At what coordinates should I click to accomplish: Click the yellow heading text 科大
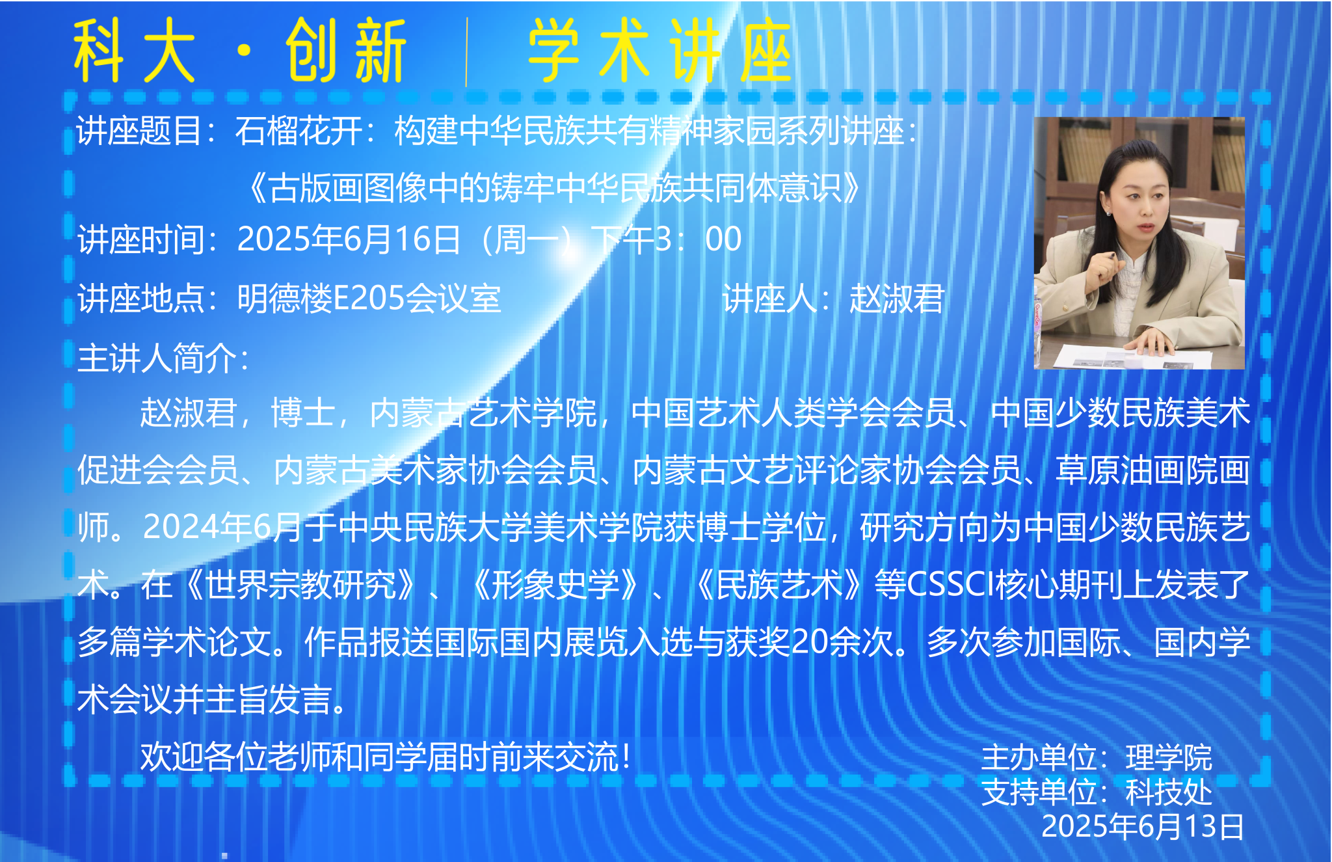pos(134,51)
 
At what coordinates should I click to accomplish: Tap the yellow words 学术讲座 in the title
pos(659,51)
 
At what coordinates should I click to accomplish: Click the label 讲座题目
pos(139,131)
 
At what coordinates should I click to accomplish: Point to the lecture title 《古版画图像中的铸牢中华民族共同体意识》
pos(555,188)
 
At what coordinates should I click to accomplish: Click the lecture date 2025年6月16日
pos(349,239)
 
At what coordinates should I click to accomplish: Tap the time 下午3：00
pos(666,239)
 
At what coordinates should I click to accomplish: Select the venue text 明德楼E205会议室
pos(369,299)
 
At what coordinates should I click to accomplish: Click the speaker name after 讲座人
pos(896,299)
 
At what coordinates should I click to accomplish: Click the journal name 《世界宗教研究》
pos(300,584)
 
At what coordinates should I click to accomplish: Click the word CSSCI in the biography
pos(950,584)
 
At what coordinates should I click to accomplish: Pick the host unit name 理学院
pos(1169,758)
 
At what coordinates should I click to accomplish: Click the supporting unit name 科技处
pos(1169,792)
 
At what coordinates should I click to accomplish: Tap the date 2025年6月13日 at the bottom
pos(1143,826)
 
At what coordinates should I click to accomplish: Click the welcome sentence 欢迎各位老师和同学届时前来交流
pos(379,757)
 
